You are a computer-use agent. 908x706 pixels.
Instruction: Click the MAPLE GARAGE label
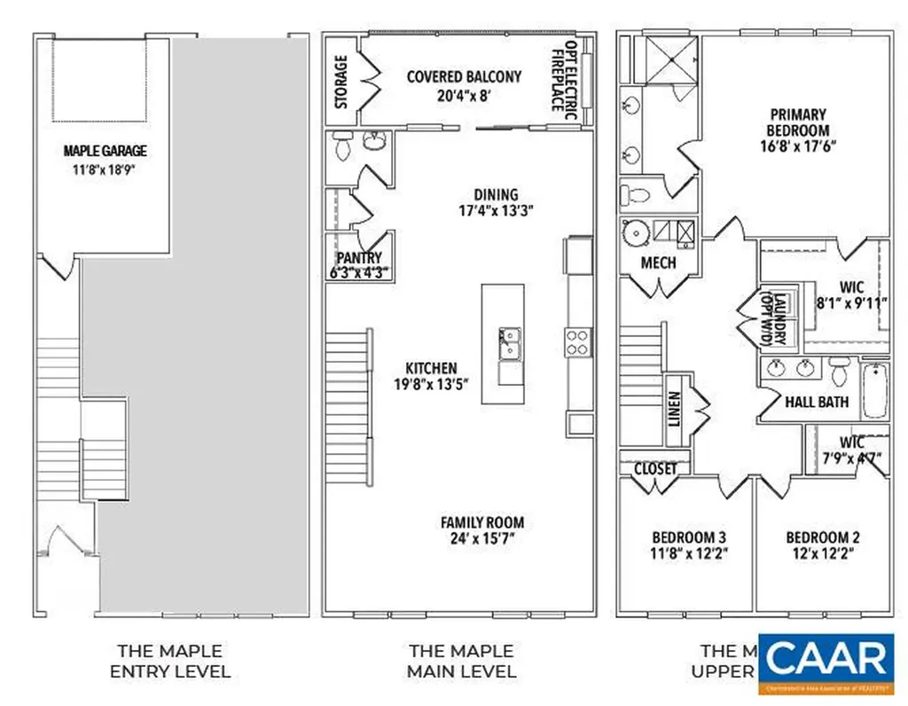tap(105, 151)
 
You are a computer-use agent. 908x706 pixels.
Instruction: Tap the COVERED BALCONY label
tap(464, 77)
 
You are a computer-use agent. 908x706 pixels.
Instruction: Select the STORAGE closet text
tap(341, 82)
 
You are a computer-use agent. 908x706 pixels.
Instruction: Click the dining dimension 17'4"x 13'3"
tap(496, 211)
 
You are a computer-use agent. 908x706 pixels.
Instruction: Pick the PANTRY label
tap(359, 258)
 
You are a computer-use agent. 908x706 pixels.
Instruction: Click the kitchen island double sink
tap(510, 343)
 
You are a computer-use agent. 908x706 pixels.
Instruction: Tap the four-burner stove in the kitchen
tap(578, 342)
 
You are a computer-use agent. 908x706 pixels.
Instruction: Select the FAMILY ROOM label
tap(482, 522)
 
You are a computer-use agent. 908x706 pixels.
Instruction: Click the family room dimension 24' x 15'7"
tap(482, 538)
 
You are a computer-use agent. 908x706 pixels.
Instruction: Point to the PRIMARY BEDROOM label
tap(798, 122)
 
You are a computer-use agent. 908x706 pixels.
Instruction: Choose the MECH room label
tap(658, 263)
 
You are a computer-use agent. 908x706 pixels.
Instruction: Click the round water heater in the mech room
tap(637, 232)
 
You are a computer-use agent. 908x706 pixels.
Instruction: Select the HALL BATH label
tap(817, 402)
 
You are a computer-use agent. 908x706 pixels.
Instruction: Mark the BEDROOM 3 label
tap(689, 537)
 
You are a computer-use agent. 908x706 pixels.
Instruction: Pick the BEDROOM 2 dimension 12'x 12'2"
tap(822, 553)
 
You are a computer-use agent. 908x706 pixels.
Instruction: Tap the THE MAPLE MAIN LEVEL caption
tap(461, 662)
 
